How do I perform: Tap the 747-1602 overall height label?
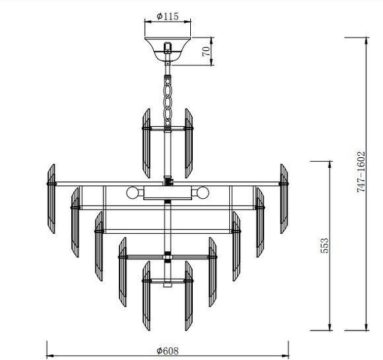361,173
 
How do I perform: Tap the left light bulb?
132,193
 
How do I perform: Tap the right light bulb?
201,193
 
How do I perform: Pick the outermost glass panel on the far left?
50,198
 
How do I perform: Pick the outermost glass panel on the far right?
284,198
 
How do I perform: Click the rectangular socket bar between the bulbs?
167,193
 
